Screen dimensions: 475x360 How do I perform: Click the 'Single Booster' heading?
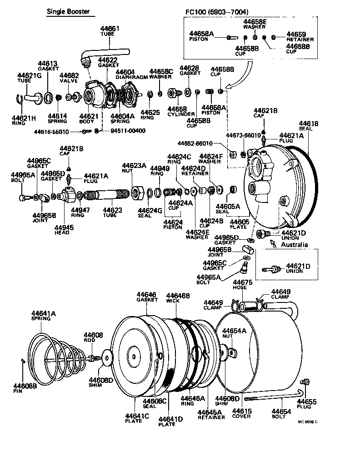68,11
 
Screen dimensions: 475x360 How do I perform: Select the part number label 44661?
110,29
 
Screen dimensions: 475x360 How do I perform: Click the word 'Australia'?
294,245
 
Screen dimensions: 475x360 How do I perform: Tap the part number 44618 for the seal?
309,124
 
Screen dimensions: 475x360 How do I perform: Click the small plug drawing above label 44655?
305,381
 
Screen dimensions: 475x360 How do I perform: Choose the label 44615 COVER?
241,413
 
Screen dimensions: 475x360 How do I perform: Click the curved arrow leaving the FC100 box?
243,75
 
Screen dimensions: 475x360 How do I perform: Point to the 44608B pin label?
18,387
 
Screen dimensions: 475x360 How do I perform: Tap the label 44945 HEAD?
62,230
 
